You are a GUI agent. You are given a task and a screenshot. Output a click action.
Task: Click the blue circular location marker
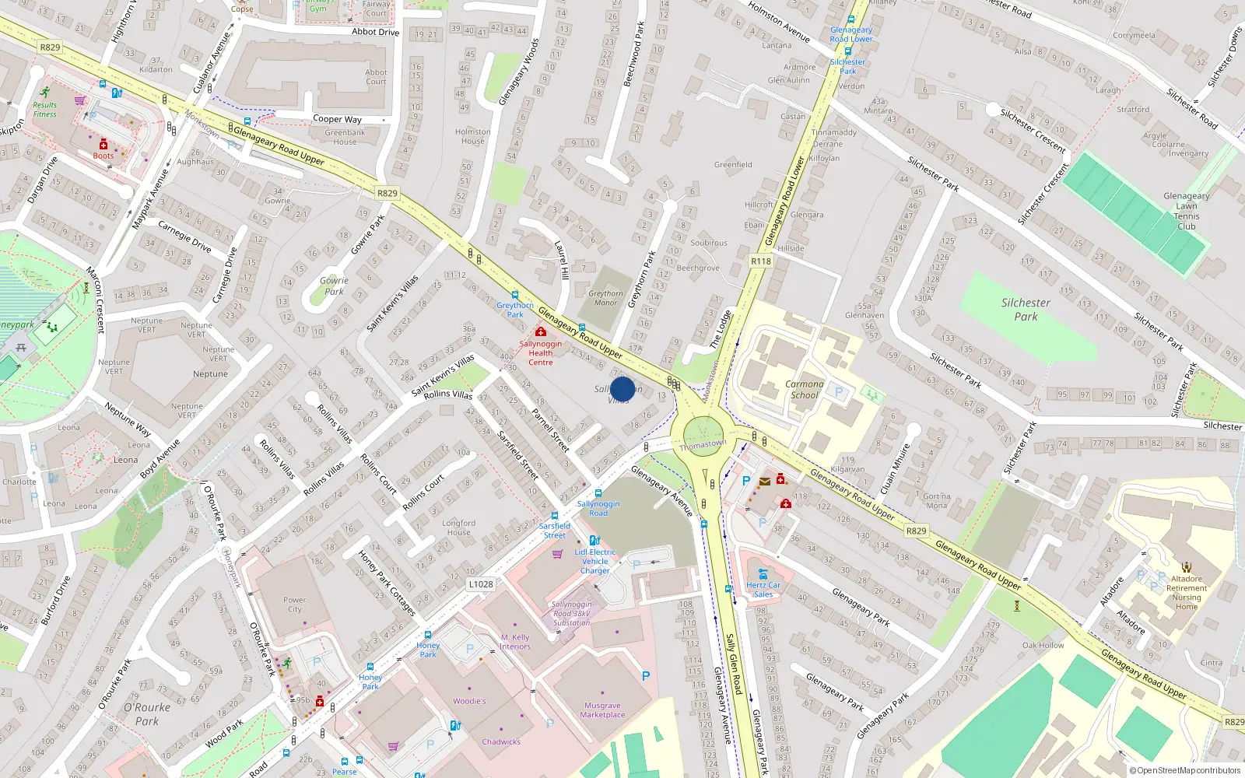[622, 389]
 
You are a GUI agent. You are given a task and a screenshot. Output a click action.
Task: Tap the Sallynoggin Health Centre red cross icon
[540, 332]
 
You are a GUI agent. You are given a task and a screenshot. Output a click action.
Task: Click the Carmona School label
[805, 389]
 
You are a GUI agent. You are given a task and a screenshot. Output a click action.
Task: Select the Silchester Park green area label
[1026, 310]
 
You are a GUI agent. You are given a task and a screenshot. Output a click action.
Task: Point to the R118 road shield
[761, 261]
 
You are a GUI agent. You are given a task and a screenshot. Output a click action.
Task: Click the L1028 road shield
[481, 583]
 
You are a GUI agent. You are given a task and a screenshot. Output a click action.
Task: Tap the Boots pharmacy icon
[103, 145]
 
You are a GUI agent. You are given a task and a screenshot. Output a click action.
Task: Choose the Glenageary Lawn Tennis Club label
[1186, 211]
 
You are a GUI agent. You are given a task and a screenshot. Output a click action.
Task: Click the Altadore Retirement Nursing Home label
[1187, 593]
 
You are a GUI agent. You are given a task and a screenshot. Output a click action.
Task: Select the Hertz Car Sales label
[763, 590]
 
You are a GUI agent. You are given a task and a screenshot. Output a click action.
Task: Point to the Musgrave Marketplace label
[602, 710]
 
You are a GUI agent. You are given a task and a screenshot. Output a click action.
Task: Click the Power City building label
[294, 605]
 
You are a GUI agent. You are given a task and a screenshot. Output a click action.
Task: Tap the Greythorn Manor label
[605, 298]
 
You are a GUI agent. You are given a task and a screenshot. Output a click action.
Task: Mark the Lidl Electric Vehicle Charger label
[595, 561]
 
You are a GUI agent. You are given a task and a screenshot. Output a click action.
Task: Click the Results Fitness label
[44, 110]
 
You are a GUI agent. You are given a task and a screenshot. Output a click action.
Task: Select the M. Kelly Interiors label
[515, 642]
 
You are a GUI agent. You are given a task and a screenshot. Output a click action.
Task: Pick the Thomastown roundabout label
[703, 444]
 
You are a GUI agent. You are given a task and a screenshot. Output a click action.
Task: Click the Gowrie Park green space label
[334, 286]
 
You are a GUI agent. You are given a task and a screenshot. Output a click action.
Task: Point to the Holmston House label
[472, 136]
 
